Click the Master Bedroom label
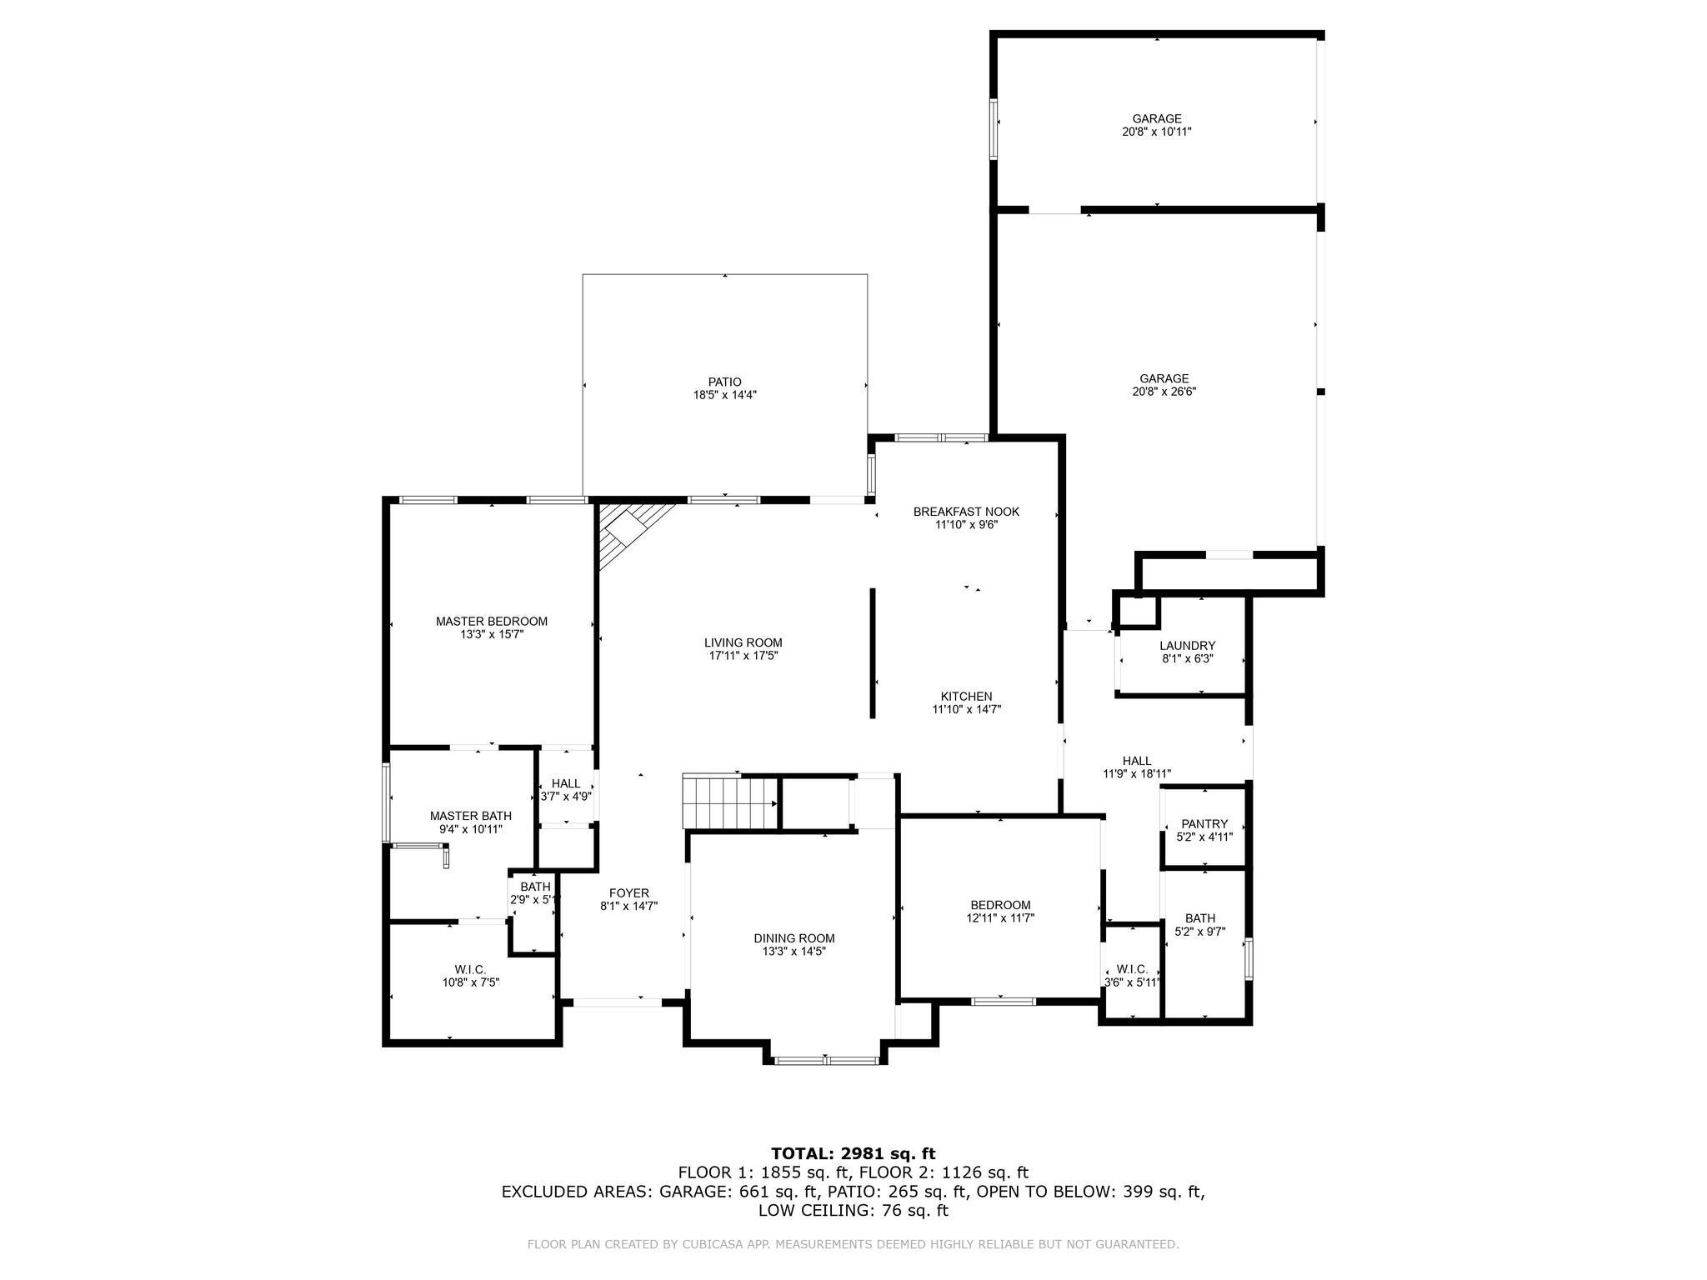click(492, 621)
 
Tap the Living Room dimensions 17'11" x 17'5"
click(743, 656)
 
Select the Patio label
click(724, 382)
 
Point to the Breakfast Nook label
click(966, 512)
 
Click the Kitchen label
click(966, 697)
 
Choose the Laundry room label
click(1187, 646)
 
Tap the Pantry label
click(1204, 824)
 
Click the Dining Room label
click(794, 938)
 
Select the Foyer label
click(629, 893)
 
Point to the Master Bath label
click(471, 816)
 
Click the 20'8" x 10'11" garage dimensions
click(1157, 132)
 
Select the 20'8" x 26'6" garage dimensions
click(1164, 392)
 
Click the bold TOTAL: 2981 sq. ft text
click(853, 1153)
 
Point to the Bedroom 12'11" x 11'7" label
click(1000, 905)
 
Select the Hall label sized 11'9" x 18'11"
click(1137, 761)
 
